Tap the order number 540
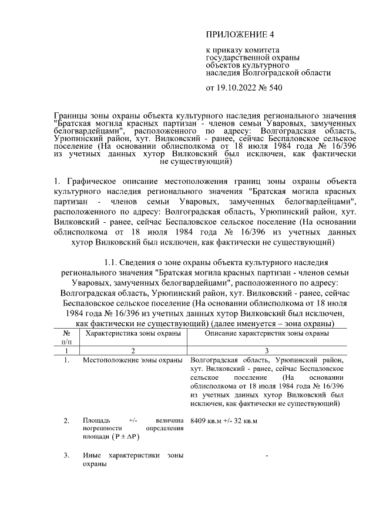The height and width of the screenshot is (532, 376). click(x=276, y=89)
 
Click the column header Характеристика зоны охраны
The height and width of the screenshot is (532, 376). click(x=133, y=333)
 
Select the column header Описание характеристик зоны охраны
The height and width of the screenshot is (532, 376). click(x=266, y=333)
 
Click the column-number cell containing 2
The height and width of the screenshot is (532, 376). click(x=133, y=350)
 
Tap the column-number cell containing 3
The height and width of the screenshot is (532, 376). click(x=266, y=350)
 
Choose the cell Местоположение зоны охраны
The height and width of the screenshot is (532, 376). click(x=133, y=360)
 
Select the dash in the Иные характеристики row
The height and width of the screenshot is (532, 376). click(x=267, y=456)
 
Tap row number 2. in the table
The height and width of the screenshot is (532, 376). click(x=66, y=420)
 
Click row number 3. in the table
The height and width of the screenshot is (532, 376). click(x=66, y=456)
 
